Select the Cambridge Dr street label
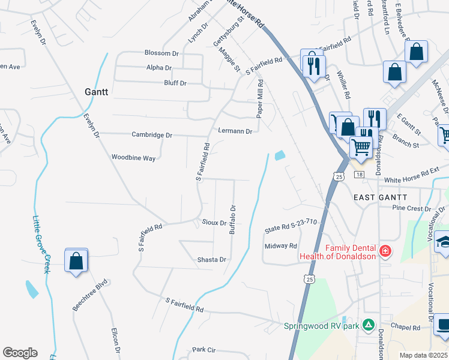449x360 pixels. point(152,135)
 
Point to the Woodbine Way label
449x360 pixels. point(133,158)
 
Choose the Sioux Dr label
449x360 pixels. point(214,223)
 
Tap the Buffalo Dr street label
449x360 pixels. point(233,220)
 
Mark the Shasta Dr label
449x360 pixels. point(211,260)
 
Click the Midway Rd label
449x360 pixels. point(281,246)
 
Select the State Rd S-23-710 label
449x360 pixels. point(291,226)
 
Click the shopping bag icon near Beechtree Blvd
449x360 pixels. point(76,262)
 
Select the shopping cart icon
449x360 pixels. point(360,146)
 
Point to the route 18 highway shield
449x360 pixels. point(359,174)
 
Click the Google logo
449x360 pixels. point(20,353)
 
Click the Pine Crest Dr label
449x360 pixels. point(411,208)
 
